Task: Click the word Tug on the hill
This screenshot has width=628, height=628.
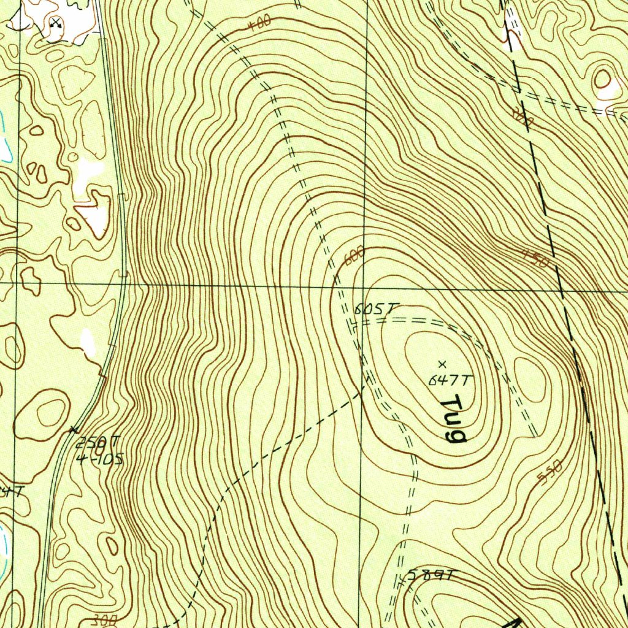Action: tap(454, 419)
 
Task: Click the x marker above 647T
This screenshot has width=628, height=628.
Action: tap(443, 365)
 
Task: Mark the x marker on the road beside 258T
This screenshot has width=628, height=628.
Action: tap(75, 429)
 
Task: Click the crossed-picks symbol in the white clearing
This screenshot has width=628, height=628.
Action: tap(56, 23)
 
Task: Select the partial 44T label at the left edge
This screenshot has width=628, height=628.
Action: tap(12, 491)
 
